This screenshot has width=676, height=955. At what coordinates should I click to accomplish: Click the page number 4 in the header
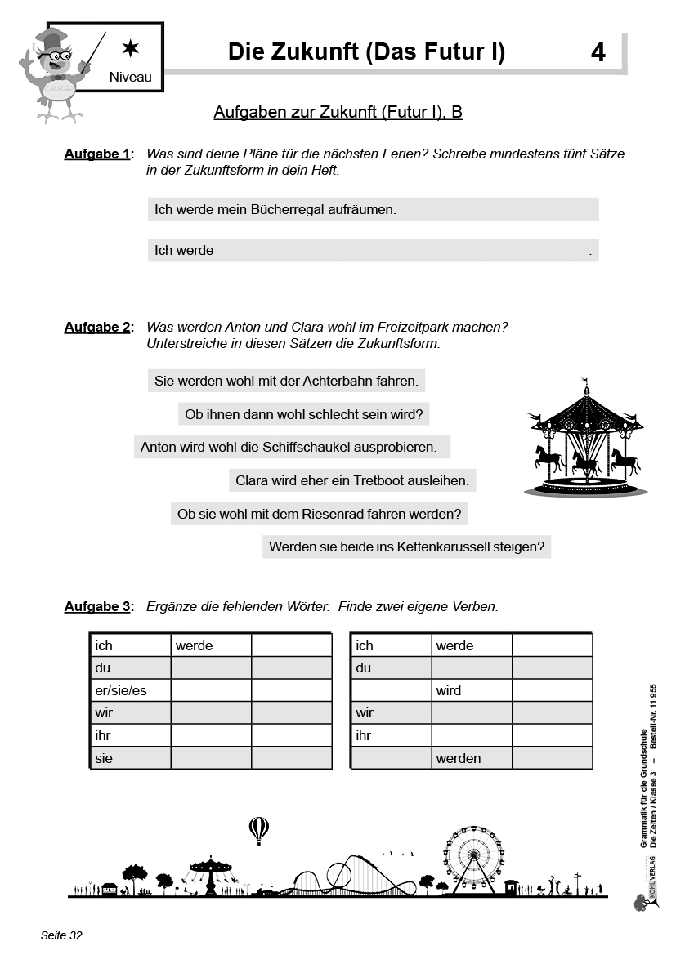point(598,53)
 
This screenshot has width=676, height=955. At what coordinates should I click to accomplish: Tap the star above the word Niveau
point(130,49)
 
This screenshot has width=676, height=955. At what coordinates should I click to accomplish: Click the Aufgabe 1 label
point(97,154)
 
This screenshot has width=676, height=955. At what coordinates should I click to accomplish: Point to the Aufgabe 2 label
point(97,328)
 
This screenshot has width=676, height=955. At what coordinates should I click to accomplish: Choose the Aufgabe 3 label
point(97,607)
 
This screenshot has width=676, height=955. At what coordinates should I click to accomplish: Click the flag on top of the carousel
point(584,381)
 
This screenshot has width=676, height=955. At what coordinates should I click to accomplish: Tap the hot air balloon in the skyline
point(258,830)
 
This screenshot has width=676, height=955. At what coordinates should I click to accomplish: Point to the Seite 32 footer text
point(62,935)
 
